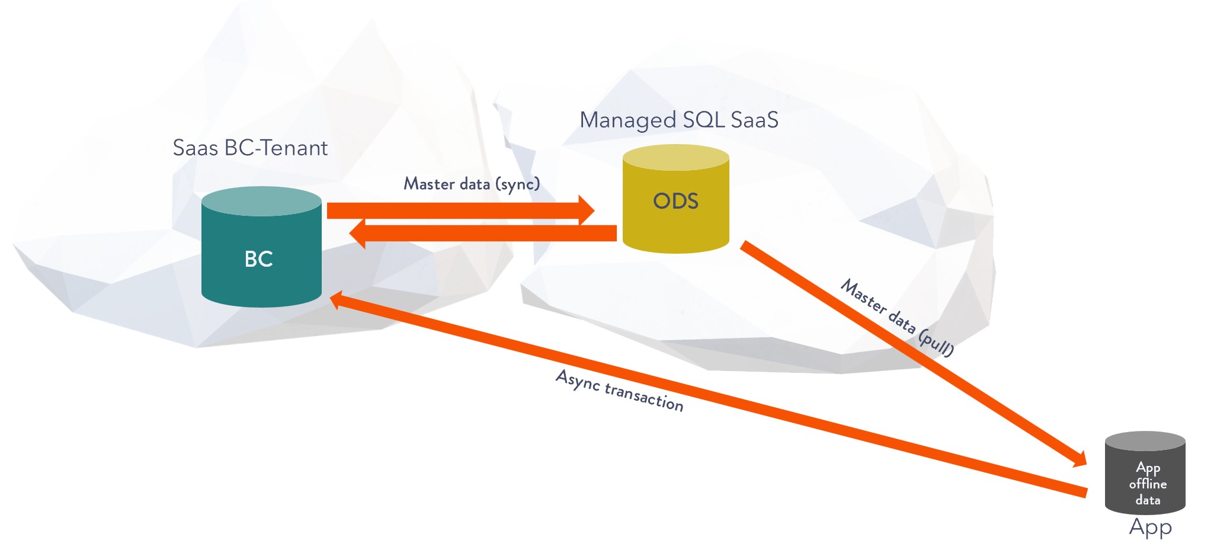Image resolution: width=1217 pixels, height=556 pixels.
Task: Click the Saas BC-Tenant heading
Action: click(x=250, y=148)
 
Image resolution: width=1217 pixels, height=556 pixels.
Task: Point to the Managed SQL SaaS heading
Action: click(x=678, y=120)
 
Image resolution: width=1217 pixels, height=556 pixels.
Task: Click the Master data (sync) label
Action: click(x=472, y=184)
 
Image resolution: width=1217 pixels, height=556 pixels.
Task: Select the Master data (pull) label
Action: click(x=898, y=317)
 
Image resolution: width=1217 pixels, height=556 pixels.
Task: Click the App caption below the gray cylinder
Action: click(x=1150, y=527)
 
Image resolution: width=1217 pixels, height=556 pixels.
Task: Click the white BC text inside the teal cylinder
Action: click(x=259, y=259)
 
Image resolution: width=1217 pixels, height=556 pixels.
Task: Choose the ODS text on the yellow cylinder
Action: click(x=675, y=201)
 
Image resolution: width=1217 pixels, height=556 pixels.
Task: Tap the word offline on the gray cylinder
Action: click(x=1148, y=484)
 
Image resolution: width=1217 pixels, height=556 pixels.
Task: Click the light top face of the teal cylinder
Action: click(x=261, y=201)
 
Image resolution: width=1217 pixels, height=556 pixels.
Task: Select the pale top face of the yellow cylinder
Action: click(x=675, y=157)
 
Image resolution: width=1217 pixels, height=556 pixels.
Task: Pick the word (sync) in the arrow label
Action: click(x=519, y=184)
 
